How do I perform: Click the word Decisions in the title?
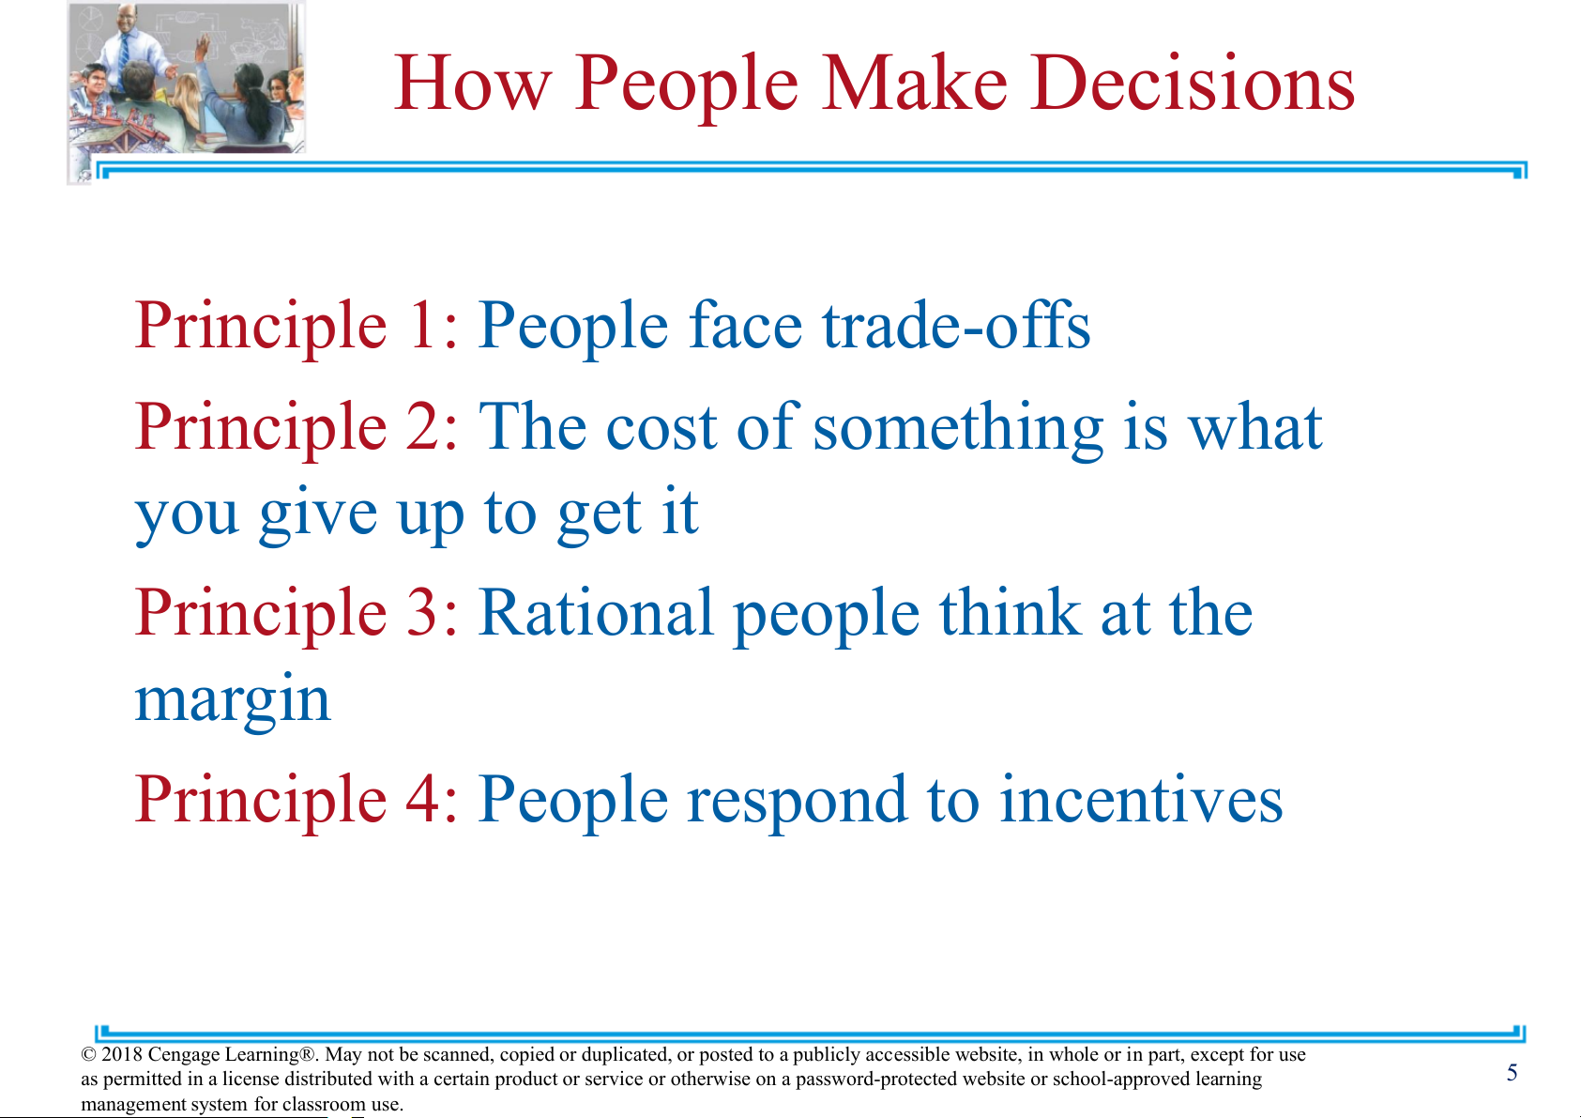1193,83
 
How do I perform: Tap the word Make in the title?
914,83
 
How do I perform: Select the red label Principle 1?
296,326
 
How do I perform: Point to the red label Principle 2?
296,426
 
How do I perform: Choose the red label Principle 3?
296,612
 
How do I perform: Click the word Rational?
596,612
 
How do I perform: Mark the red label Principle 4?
296,800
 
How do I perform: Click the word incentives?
1141,799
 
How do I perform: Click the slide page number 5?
1512,1073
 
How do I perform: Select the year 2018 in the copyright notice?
121,1054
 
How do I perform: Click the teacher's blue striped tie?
125,50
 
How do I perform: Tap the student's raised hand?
203,47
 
